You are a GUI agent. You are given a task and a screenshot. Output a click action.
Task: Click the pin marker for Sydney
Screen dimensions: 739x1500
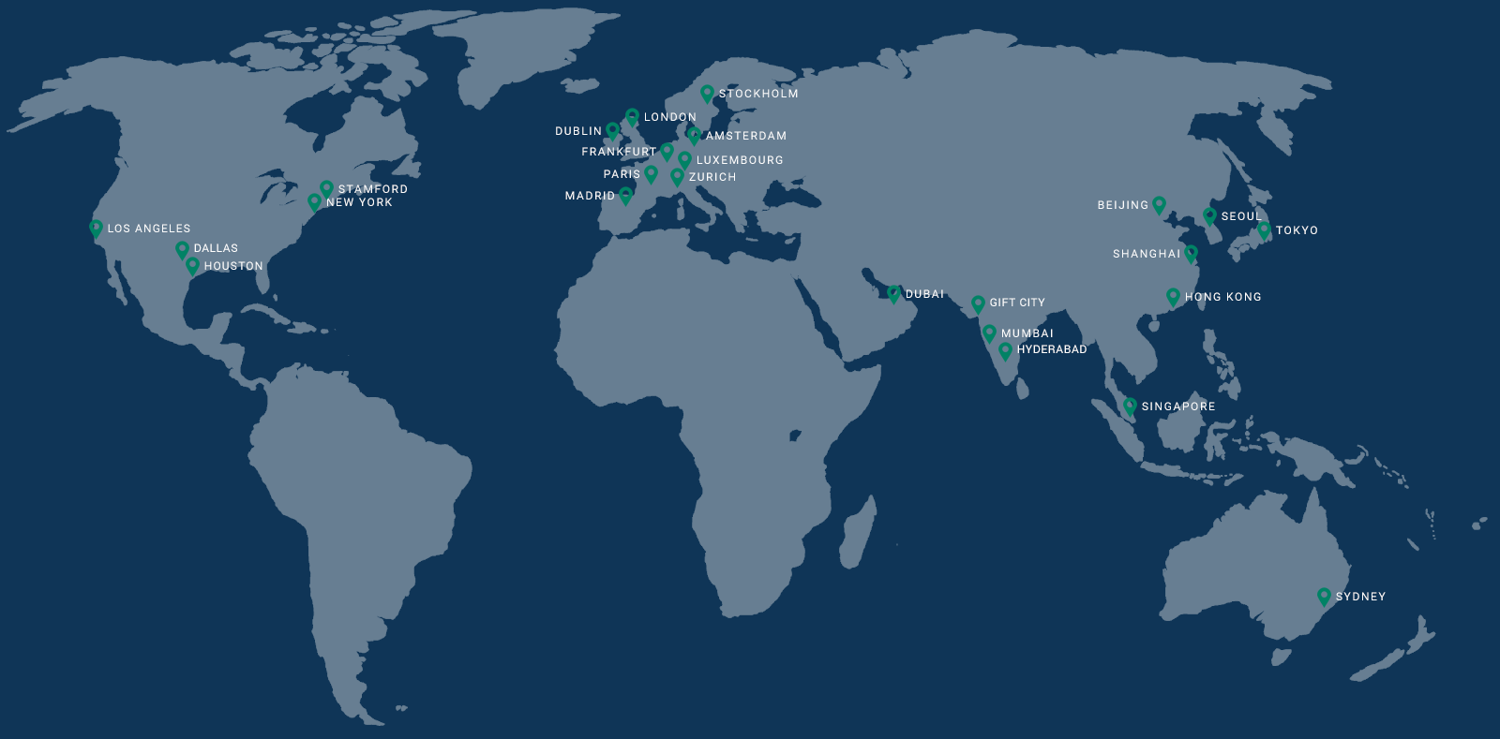tap(1324, 596)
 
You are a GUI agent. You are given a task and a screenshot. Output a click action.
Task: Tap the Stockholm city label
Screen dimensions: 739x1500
tap(758, 94)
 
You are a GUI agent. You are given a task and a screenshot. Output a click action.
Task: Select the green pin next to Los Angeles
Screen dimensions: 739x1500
tap(96, 228)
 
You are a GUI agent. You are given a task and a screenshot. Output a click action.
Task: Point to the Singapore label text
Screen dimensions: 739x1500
tap(1178, 406)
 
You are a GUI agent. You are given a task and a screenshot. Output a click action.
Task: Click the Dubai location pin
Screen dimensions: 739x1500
tap(893, 293)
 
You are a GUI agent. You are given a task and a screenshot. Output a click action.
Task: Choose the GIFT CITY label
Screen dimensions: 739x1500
tap(1017, 303)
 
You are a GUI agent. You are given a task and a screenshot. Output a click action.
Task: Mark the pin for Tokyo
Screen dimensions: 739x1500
tap(1264, 229)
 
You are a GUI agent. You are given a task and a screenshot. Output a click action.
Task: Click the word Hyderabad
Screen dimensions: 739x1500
tap(1052, 349)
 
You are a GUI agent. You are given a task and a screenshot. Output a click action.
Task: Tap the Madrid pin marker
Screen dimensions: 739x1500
tap(626, 196)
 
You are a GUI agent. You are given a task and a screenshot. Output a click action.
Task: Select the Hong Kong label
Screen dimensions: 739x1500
tap(1223, 297)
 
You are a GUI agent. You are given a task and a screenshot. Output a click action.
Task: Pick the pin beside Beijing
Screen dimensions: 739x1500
tap(1160, 204)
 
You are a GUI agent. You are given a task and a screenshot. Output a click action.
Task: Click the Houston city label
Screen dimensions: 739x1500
tap(233, 266)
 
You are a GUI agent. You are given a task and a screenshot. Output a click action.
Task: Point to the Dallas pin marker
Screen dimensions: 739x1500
tap(182, 249)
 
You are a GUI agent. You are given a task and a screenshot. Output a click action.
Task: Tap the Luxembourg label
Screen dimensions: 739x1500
tap(740, 160)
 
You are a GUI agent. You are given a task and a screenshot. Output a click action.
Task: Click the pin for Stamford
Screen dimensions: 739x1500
tap(326, 188)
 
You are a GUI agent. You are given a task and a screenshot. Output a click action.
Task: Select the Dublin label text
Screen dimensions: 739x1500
tap(578, 131)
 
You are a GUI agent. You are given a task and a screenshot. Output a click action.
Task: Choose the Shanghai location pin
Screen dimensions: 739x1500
tap(1192, 253)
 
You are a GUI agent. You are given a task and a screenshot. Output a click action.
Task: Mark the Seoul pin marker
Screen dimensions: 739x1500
tap(1209, 215)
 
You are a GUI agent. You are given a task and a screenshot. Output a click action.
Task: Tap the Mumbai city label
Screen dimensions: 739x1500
tap(1027, 333)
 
